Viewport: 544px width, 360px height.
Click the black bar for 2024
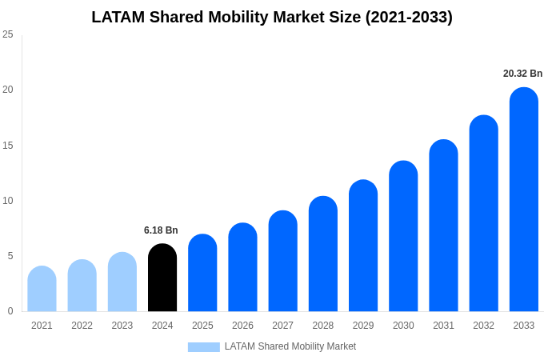coord(162,278)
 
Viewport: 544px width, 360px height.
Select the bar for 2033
coord(524,200)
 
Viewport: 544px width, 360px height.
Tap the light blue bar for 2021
coord(42,289)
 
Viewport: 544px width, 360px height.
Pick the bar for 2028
coord(323,254)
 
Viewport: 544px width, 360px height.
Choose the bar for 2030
coord(403,237)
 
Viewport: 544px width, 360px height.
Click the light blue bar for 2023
coord(122,282)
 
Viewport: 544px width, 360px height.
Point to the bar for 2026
coord(242,267)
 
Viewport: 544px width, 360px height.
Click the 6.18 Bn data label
coord(161,230)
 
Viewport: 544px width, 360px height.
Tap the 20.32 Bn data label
coord(522,74)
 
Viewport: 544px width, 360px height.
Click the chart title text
coord(272,17)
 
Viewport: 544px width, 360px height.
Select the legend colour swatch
coord(203,347)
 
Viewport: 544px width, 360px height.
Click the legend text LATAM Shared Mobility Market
coord(290,346)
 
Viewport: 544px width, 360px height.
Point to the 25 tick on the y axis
coord(8,34)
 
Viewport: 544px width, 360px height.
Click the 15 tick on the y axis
coord(8,145)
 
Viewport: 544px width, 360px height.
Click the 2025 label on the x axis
coord(202,326)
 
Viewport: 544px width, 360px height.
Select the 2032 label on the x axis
coord(483,326)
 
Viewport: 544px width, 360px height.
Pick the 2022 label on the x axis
coord(82,326)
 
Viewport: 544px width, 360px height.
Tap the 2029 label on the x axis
coord(363,326)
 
